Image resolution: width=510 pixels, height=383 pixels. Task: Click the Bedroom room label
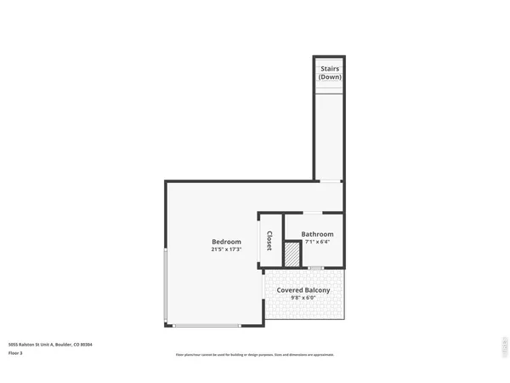pyautogui.click(x=227, y=242)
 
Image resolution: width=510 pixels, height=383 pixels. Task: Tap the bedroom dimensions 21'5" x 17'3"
pyautogui.click(x=227, y=249)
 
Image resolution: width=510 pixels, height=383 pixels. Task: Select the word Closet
pyautogui.click(x=269, y=242)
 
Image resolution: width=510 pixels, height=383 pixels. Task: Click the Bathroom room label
pyautogui.click(x=317, y=234)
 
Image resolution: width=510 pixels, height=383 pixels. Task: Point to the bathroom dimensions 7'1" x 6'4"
pyautogui.click(x=317, y=242)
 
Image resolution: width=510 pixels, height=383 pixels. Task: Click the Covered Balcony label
pyautogui.click(x=303, y=290)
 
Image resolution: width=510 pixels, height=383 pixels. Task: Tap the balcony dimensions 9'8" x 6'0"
pyautogui.click(x=303, y=298)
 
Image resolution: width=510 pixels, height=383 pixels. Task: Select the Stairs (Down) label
pyautogui.click(x=329, y=73)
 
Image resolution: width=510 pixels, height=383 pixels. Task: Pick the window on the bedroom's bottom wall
pyautogui.click(x=207, y=326)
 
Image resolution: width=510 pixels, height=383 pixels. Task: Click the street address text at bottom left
pyautogui.click(x=50, y=344)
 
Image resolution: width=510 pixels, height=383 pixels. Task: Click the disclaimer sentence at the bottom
pyautogui.click(x=255, y=354)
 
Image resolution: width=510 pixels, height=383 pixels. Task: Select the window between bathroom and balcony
pyautogui.click(x=316, y=268)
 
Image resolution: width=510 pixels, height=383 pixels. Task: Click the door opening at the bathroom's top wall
pyautogui.click(x=314, y=212)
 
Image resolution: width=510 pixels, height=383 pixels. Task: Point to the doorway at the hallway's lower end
pyautogui.click(x=329, y=181)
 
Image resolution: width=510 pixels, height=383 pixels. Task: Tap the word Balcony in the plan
pyautogui.click(x=316, y=290)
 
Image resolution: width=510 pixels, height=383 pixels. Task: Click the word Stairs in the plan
pyautogui.click(x=329, y=69)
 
